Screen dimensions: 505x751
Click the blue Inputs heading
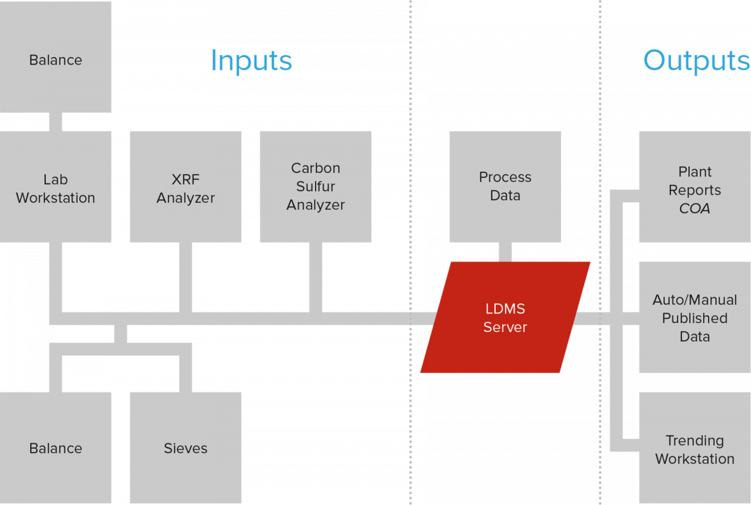pos(251,60)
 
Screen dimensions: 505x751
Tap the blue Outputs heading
pos(696,60)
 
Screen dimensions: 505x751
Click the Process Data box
pos(505,186)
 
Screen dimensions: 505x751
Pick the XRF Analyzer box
pos(186,187)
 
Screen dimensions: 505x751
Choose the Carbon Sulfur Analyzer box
pos(316,187)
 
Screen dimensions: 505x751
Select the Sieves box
pos(186,447)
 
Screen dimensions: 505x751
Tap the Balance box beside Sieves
pos(56,447)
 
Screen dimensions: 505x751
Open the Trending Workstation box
pos(694,449)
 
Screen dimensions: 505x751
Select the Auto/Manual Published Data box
pos(694,317)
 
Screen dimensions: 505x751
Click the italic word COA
pos(694,208)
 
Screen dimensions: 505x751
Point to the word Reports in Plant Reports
pos(694,190)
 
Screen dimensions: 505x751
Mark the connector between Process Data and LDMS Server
pos(506,252)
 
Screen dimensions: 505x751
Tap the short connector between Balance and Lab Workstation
pos(56,122)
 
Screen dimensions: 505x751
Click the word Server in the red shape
pos(506,327)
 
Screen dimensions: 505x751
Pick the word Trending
pos(694,440)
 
